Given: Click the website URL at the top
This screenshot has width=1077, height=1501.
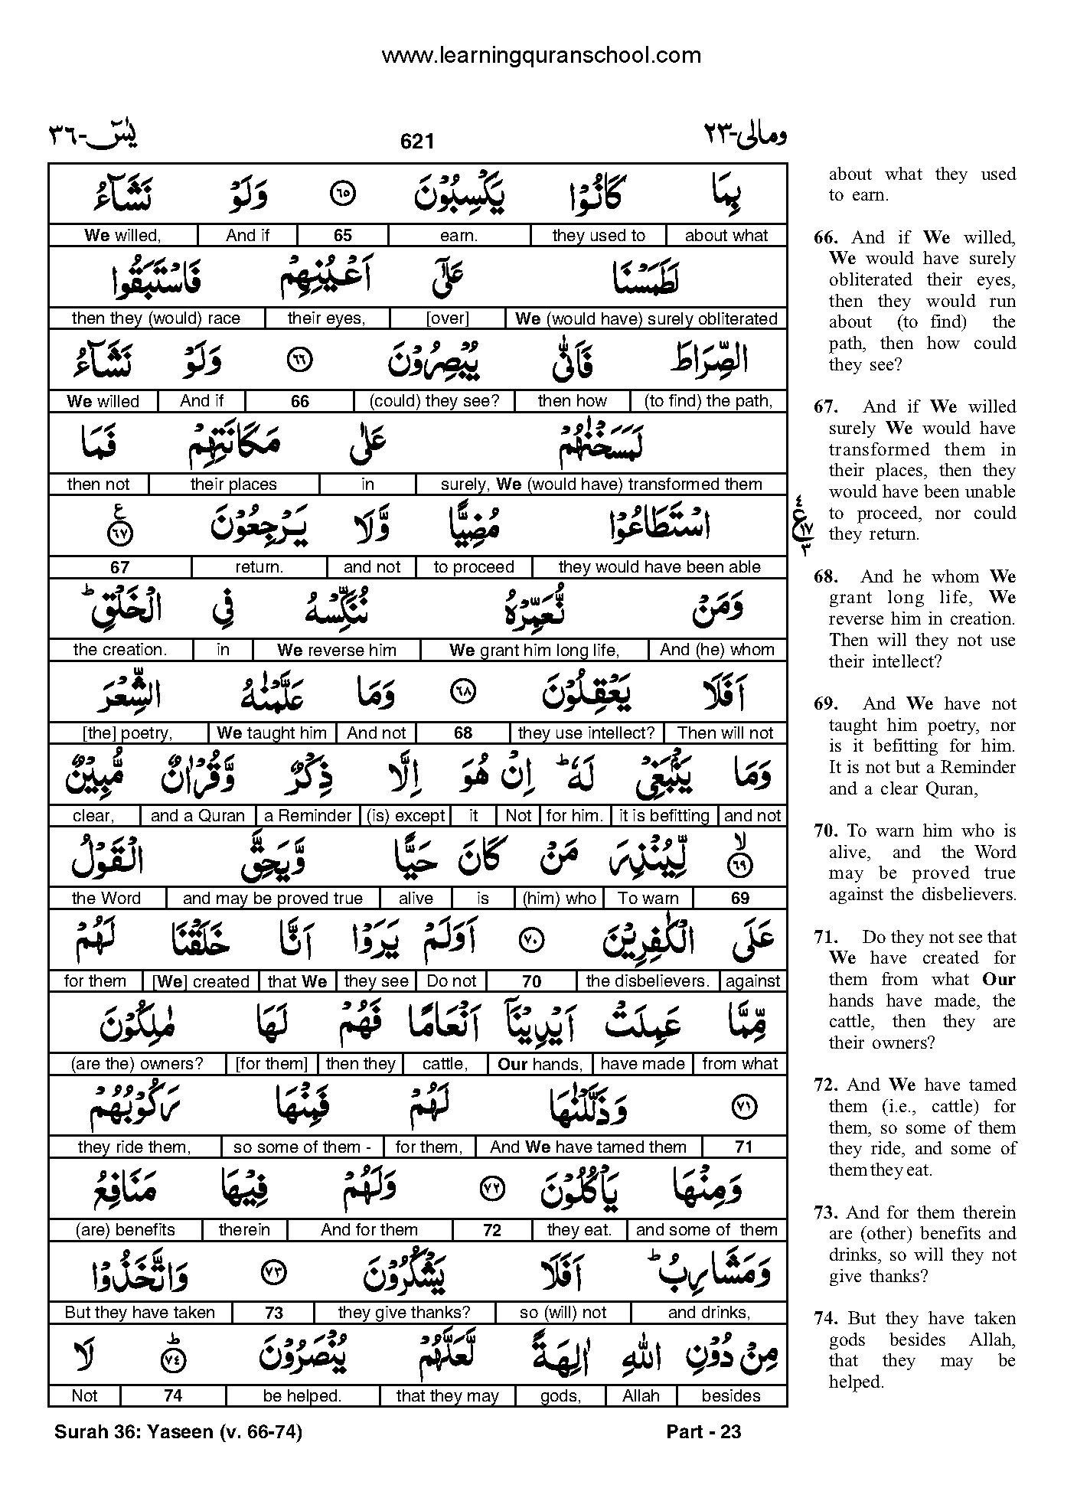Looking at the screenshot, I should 540,55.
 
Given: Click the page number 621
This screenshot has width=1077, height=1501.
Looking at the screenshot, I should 417,142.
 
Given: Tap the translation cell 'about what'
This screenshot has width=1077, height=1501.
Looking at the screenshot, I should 726,236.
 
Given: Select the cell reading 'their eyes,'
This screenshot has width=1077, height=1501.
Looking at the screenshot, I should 327,318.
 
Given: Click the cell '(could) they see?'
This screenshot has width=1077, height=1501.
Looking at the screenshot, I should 434,401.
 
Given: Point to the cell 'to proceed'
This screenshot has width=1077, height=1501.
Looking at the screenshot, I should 473,567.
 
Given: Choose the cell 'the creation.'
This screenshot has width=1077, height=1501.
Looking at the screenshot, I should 119,650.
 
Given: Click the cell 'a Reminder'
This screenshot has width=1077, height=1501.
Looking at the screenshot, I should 308,816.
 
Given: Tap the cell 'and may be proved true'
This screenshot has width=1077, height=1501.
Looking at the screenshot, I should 273,899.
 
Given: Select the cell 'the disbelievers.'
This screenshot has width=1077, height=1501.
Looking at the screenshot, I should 648,981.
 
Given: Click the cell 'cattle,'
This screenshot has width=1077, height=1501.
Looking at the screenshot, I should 445,1064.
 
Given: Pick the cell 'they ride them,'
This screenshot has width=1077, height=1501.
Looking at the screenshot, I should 134,1147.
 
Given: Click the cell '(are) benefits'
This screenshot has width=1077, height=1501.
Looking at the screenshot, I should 125,1230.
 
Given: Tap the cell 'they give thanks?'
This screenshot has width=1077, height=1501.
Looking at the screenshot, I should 404,1313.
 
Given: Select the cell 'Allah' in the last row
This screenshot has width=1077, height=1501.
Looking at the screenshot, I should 641,1395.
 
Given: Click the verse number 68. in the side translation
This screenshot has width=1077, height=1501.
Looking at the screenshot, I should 826,577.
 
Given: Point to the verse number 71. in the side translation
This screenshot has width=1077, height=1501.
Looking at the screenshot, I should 826,938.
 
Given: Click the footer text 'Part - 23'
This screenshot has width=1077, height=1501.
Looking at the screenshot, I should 703,1431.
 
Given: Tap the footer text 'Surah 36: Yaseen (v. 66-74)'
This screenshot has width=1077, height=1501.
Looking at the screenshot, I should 178,1431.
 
